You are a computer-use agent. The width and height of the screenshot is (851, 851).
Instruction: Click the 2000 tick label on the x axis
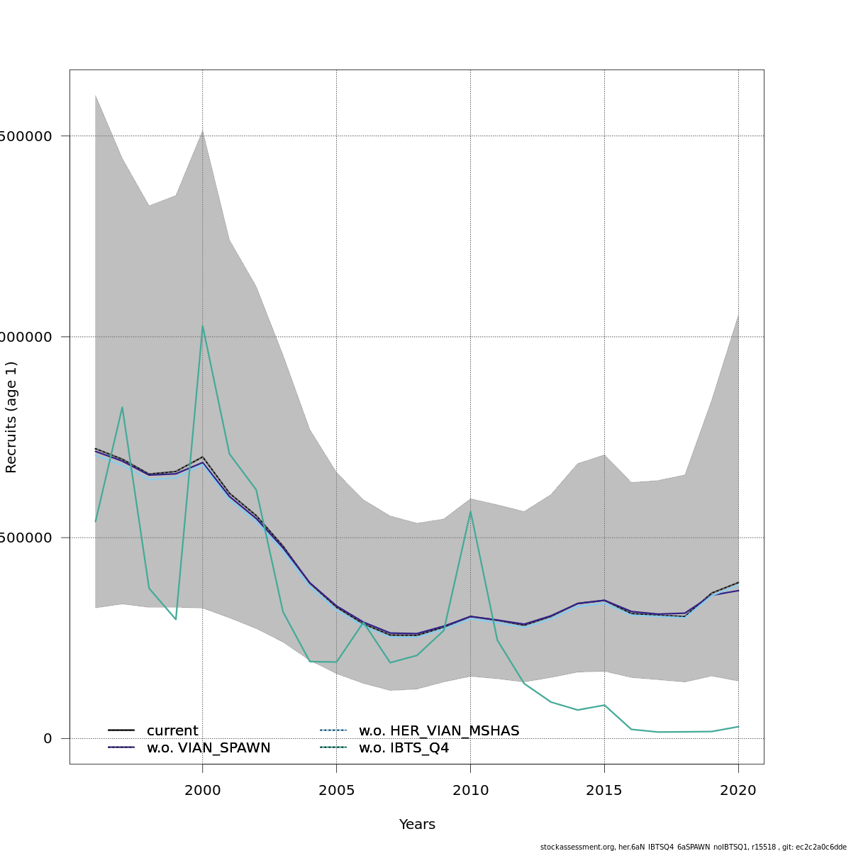(203, 790)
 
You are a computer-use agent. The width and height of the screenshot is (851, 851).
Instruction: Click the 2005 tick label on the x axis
(336, 790)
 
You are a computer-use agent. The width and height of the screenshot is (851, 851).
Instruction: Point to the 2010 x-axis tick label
(470, 790)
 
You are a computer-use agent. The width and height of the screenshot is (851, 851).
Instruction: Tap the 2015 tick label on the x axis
(604, 790)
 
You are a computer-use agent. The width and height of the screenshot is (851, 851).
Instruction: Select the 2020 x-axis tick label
(738, 790)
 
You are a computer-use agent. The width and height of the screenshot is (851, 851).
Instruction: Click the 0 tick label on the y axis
(48, 738)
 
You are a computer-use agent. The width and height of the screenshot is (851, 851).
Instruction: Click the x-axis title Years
(417, 825)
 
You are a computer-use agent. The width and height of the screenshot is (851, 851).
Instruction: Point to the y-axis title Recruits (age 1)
(11, 417)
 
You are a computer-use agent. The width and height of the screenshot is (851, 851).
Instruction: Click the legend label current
(172, 731)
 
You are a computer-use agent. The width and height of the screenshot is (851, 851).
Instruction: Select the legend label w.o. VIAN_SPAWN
(208, 748)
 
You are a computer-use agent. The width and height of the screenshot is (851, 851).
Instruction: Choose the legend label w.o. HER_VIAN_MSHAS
(439, 731)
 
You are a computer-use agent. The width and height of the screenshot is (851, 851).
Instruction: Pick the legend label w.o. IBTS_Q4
(404, 748)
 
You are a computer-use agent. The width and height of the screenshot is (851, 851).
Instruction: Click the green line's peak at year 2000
(203, 326)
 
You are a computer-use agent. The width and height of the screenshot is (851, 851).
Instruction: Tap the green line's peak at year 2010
(470, 511)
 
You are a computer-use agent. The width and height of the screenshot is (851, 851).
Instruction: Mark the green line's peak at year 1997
(122, 407)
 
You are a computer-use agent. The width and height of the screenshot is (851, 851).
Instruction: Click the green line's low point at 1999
(176, 619)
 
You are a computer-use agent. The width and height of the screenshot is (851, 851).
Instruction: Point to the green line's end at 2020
(738, 726)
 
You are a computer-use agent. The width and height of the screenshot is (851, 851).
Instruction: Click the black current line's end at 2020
(738, 582)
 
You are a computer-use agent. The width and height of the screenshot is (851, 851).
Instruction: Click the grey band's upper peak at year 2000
(203, 130)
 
